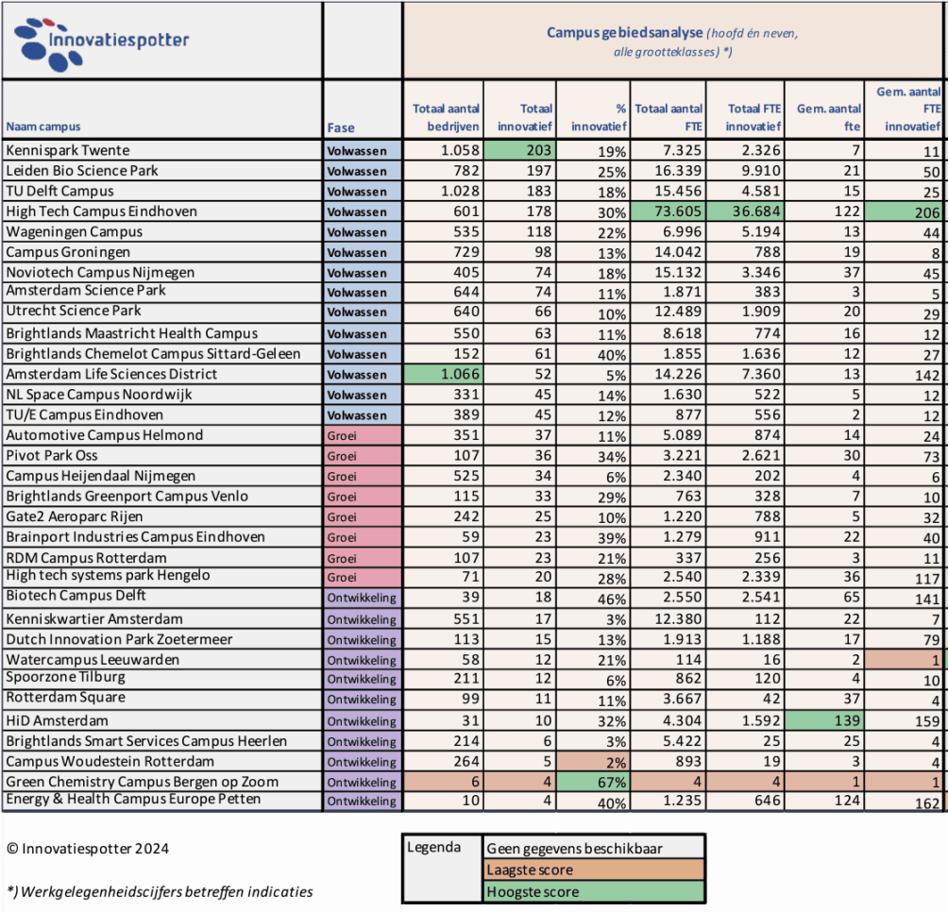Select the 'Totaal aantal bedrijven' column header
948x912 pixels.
click(x=446, y=117)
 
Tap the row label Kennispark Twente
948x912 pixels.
click(x=68, y=150)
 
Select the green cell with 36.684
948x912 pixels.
click(x=746, y=211)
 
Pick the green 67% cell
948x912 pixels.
click(x=595, y=782)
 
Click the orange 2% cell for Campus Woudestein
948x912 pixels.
click(x=595, y=762)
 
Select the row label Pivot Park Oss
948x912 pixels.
click(x=53, y=455)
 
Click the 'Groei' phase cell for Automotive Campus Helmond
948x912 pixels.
click(x=363, y=435)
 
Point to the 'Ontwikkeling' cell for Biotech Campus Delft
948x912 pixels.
click(x=363, y=598)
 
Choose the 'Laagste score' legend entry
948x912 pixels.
click(x=529, y=870)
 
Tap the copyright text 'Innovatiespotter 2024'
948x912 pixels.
click(x=88, y=849)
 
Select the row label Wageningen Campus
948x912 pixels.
click(x=75, y=231)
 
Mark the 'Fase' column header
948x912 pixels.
click(x=341, y=127)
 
